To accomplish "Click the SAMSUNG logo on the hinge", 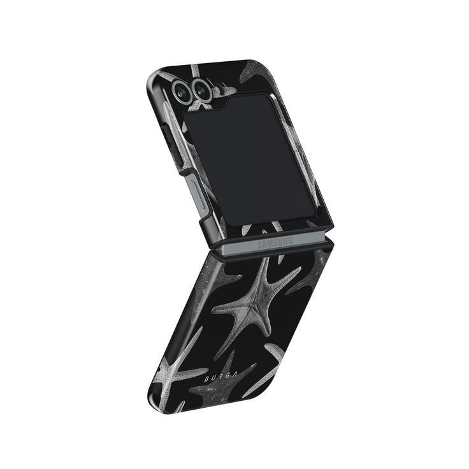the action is coord(275,243).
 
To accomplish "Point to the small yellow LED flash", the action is coord(217,89).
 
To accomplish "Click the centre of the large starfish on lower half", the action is coord(256,308).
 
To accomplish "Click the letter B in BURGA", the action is coord(206,379).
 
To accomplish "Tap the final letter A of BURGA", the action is coord(236,374).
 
